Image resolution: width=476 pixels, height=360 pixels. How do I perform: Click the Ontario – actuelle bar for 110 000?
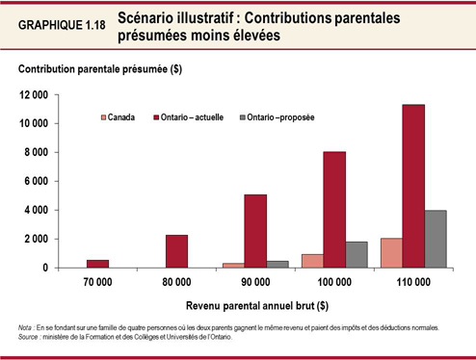tap(413, 186)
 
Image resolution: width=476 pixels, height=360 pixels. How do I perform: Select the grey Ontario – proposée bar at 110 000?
tap(435, 239)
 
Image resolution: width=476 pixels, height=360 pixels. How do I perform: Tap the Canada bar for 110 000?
tap(391, 252)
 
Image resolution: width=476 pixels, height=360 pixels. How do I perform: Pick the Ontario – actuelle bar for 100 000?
tap(334, 209)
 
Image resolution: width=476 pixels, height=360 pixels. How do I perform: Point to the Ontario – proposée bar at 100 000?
tap(357, 254)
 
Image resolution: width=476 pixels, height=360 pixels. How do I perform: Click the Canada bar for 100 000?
tap(312, 260)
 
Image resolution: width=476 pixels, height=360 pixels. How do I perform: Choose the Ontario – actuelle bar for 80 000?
tap(176, 250)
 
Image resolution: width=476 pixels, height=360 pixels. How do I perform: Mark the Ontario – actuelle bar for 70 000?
tap(97, 263)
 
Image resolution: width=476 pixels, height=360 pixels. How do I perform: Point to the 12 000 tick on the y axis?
tap(35, 94)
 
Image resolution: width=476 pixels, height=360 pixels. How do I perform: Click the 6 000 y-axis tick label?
tap(39, 181)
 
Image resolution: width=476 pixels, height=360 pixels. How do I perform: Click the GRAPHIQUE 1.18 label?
tap(61, 26)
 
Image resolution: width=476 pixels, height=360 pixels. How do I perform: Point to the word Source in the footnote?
tap(29, 336)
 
